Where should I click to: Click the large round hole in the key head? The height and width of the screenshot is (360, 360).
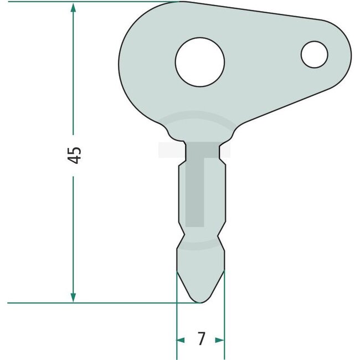pos(200,61)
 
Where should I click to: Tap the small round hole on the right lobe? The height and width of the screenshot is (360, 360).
pos(315,54)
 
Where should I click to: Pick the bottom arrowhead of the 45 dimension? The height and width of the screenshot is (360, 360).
pos(73,297)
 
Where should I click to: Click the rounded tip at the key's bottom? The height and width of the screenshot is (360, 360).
pos(200,300)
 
